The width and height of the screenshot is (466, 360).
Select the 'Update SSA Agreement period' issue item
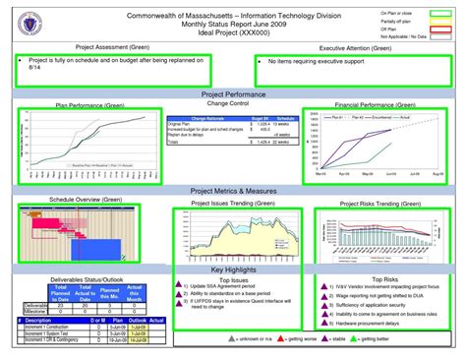point(222,286)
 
